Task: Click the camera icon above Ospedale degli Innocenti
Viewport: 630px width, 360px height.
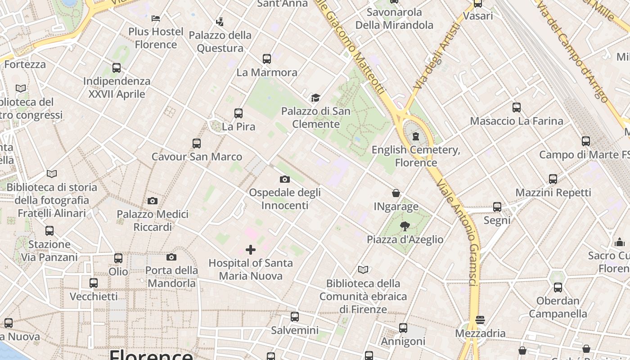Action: tap(284, 180)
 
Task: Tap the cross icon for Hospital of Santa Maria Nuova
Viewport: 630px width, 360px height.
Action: tap(251, 250)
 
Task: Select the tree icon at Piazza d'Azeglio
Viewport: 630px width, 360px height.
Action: tap(405, 226)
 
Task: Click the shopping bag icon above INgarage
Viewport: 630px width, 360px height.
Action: tap(396, 193)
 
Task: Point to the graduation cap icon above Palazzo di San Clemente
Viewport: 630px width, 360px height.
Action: tap(315, 98)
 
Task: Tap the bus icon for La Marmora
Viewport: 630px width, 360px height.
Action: tap(267, 59)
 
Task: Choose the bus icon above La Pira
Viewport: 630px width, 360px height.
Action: tap(238, 113)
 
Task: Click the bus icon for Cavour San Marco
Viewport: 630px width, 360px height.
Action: tap(197, 144)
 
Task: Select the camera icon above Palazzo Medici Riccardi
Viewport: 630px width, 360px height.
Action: tap(153, 201)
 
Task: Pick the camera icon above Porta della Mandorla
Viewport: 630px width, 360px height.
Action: tap(171, 257)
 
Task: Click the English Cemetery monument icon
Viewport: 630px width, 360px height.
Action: tap(416, 136)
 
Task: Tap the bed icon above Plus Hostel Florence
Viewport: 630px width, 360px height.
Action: tap(156, 18)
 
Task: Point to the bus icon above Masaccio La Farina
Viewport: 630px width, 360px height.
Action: tap(517, 108)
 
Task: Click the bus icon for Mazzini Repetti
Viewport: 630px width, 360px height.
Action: tap(553, 179)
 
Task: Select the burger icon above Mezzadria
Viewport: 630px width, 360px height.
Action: tap(480, 320)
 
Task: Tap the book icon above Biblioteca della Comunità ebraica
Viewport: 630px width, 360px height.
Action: tap(363, 270)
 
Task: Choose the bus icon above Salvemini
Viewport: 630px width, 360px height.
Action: tap(295, 317)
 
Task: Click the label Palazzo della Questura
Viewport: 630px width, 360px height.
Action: tap(220, 41)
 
